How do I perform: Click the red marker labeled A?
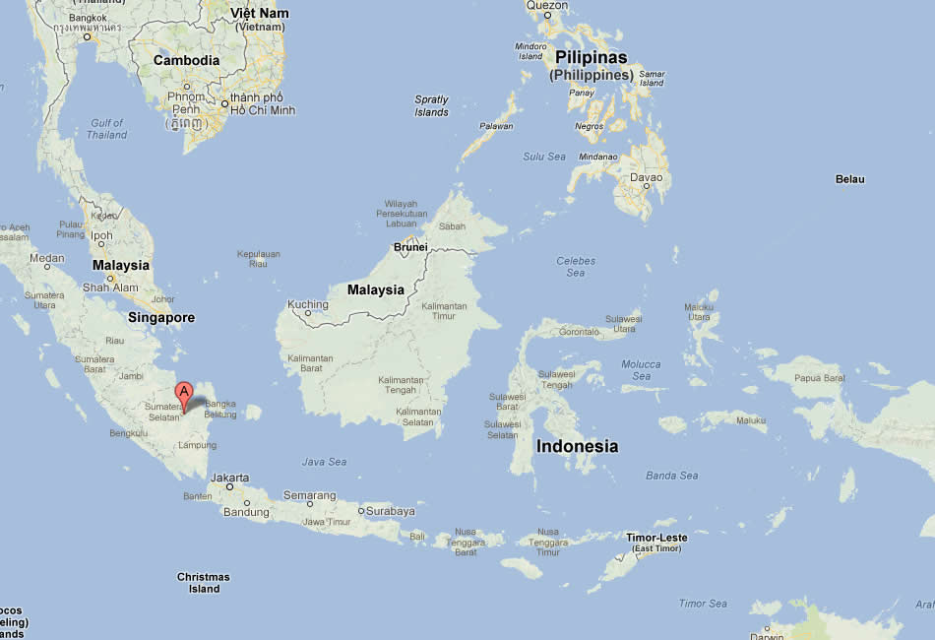coord(183,393)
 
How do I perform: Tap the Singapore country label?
coord(161,318)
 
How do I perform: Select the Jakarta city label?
coord(229,477)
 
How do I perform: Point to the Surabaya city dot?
coord(361,511)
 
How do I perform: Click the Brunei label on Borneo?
coord(410,247)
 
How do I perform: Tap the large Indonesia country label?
coord(577,446)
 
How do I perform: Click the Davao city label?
coord(646,178)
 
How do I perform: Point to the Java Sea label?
coord(325,461)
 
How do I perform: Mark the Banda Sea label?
coord(672,476)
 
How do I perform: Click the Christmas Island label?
coord(204,583)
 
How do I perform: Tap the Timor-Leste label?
coord(656,538)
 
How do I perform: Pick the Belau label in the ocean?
coord(849,179)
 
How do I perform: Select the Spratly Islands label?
coord(431,105)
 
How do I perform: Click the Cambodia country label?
coord(187,60)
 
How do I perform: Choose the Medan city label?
coord(46,258)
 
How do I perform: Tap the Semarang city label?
coord(309,494)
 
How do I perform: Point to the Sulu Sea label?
coord(544,156)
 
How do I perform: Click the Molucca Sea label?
coord(642,370)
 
